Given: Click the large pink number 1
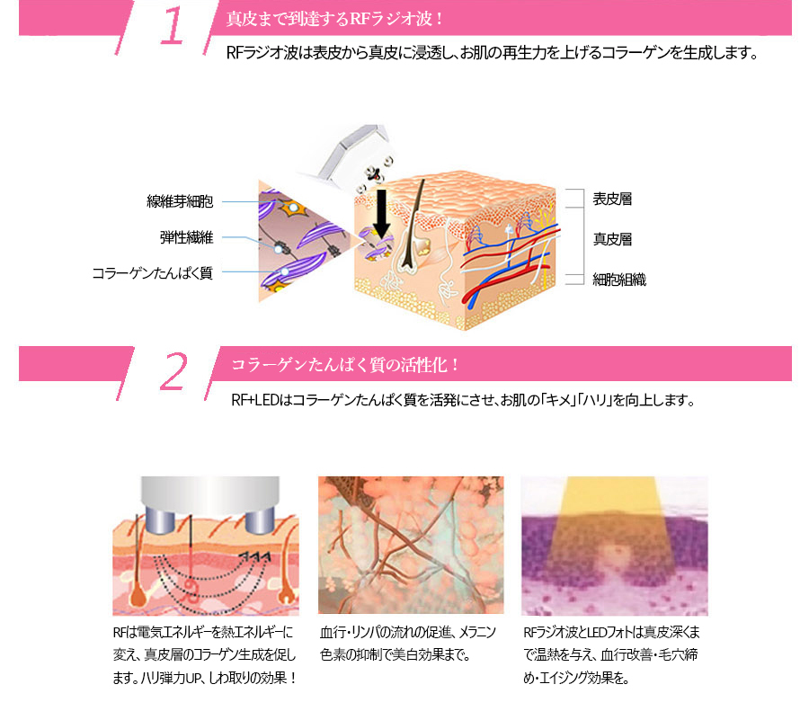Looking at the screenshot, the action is click(x=172, y=26).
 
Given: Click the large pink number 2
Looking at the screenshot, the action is click(x=173, y=371).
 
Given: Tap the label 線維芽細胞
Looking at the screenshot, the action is click(x=180, y=201).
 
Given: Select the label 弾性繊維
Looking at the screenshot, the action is click(x=186, y=237).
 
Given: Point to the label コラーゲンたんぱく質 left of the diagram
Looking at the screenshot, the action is click(x=152, y=273).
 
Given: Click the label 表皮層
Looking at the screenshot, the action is click(x=612, y=199).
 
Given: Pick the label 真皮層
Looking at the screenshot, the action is click(x=612, y=239).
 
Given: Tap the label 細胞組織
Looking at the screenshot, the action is click(x=619, y=280).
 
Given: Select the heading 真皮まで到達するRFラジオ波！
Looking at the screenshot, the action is click(x=335, y=19).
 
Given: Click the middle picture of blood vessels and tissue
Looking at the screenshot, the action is click(x=411, y=545).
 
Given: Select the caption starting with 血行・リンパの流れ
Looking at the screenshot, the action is click(x=407, y=644).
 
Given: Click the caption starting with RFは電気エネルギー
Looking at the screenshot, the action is click(x=205, y=655).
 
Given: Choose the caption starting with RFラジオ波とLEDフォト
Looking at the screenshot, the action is click(x=611, y=655).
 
